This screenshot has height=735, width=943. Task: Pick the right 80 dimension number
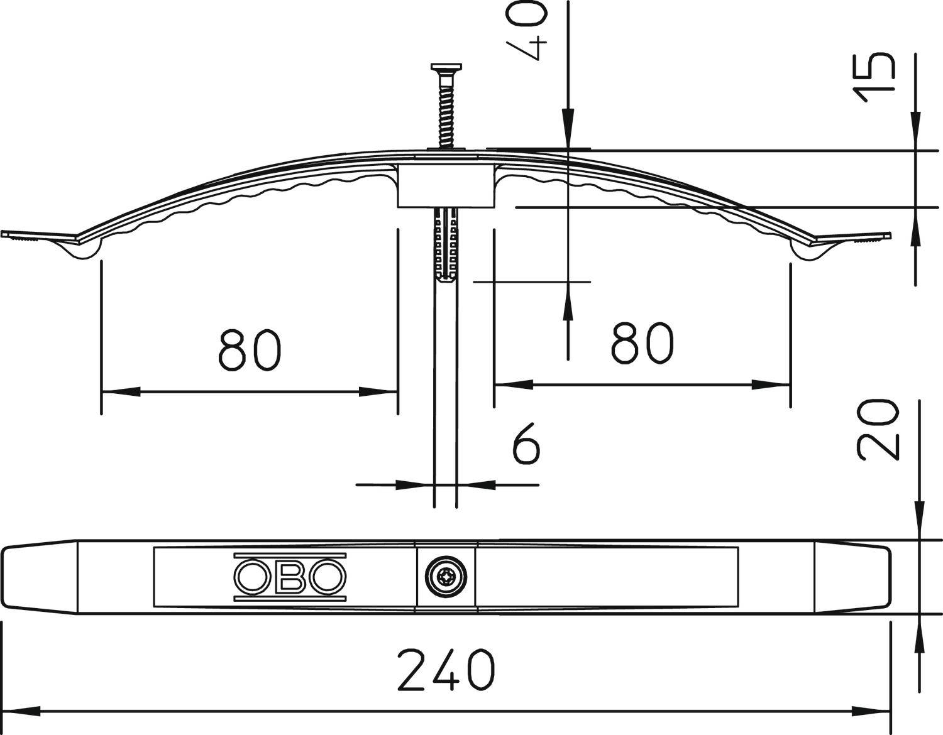642,343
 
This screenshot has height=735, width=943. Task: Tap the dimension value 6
526,444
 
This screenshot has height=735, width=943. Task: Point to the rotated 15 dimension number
874,77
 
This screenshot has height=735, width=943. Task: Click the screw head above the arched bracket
446,67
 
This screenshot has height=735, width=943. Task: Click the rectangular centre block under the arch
446,186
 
